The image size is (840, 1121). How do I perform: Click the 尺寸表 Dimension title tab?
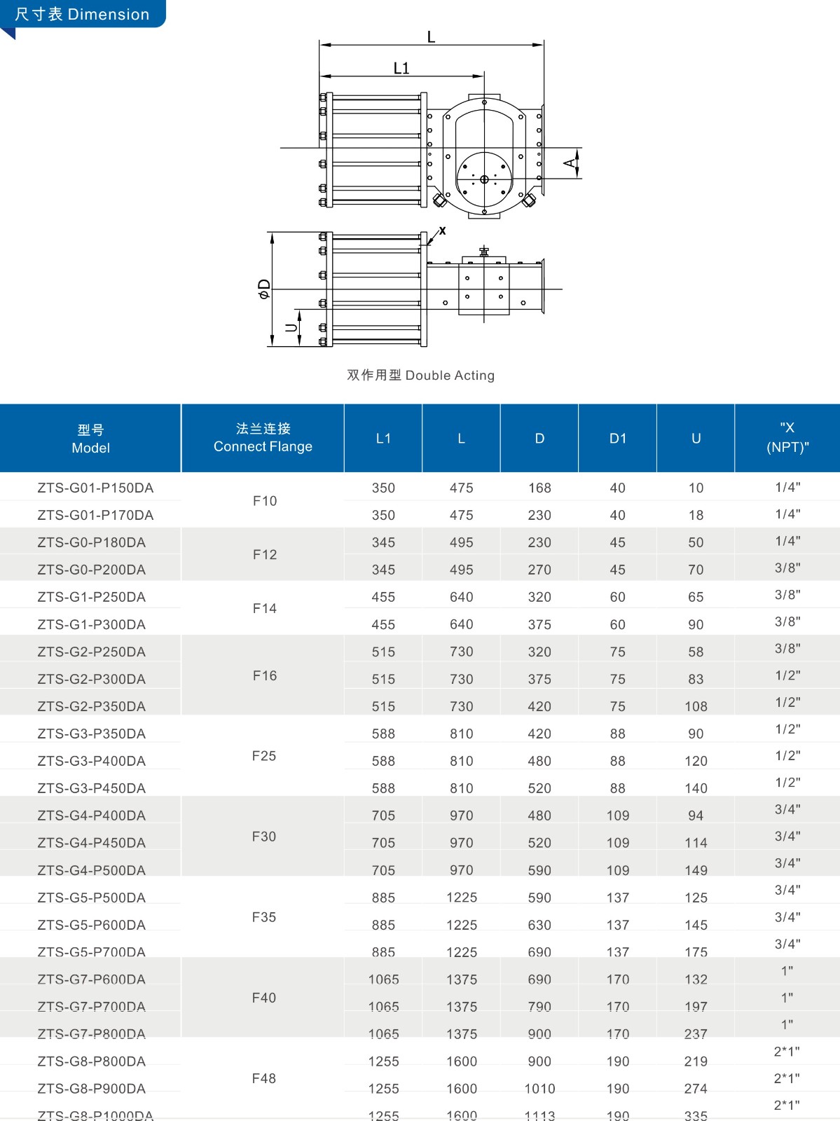pos(82,14)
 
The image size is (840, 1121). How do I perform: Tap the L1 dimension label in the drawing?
pos(401,68)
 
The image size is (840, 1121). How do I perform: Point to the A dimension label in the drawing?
pos(570,164)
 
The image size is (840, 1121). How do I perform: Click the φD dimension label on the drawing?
pos(264,289)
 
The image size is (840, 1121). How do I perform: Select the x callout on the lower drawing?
pos(442,231)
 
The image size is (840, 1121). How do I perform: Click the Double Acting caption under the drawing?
pos(420,376)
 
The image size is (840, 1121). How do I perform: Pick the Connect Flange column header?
pos(263,438)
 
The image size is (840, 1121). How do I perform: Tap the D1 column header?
pos(617,439)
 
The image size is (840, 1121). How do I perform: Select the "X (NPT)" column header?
pos(787,438)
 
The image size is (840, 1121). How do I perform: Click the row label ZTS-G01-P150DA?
pos(95,488)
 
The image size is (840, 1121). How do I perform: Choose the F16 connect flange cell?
pos(265,675)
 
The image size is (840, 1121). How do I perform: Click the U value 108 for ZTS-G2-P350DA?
pos(696,706)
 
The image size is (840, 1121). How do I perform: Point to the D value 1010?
pos(539,1089)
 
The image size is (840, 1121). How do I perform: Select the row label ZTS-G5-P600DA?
pos(92,925)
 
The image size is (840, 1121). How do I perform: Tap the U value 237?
pos(696,1034)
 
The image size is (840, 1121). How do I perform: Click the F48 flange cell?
pos(264,1078)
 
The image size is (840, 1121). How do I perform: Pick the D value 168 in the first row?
pos(539,488)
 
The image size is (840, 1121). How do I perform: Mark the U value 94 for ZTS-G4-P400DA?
pos(696,816)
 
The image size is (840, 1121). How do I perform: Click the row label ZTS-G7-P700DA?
pos(92,1007)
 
